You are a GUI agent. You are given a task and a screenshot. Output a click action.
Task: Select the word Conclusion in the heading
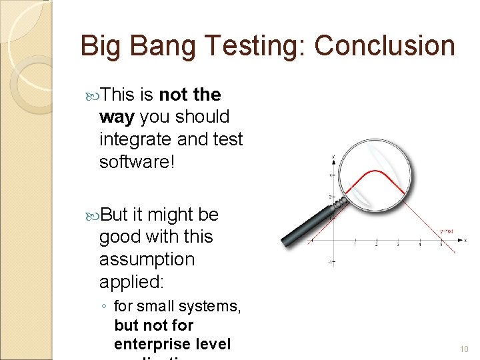coord(385,46)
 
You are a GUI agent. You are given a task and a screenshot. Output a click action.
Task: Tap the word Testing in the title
coord(256,46)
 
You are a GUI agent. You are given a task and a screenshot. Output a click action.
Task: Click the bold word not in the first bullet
coord(174,95)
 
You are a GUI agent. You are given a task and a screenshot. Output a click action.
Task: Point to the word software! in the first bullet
coord(137,162)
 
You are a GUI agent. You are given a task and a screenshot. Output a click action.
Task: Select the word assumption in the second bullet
coord(147,259)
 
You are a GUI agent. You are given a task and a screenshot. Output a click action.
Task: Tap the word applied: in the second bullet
coord(131,282)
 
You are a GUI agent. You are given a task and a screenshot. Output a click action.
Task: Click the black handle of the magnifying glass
coord(307,224)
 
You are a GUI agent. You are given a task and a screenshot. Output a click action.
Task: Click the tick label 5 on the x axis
coord(441,245)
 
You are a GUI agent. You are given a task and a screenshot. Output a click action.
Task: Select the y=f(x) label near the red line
coord(446,231)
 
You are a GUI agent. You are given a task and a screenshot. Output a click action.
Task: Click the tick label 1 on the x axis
coord(355,245)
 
